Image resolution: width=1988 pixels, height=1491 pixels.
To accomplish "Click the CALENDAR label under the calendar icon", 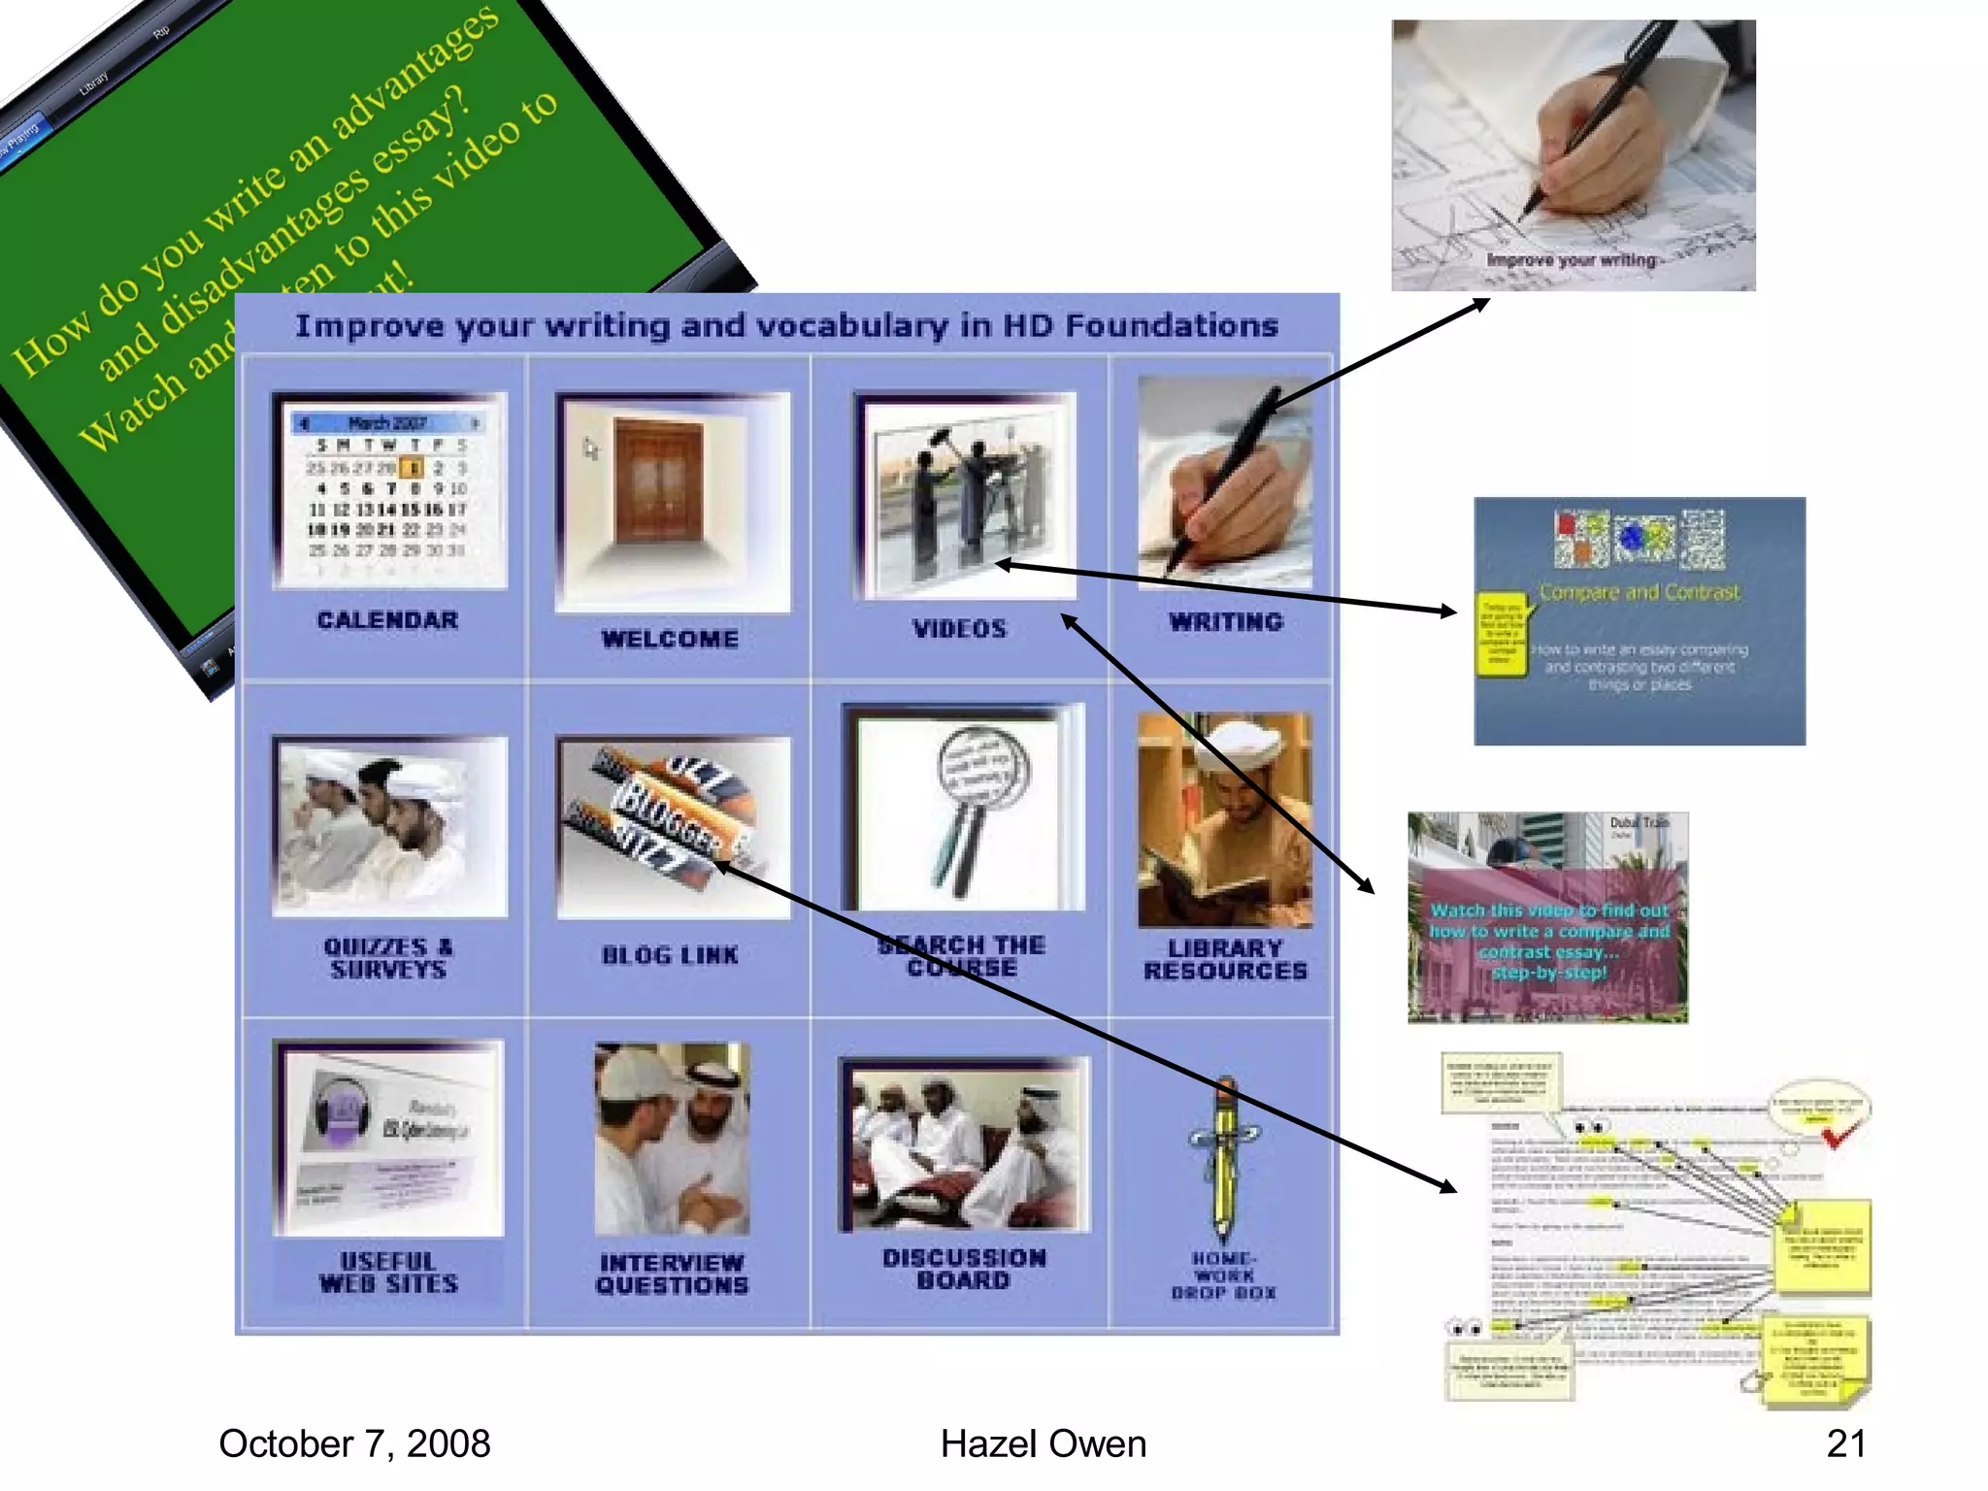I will [387, 620].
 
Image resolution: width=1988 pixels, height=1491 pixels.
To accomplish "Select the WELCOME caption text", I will [670, 639].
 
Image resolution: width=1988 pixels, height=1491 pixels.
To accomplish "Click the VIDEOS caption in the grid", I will [959, 629].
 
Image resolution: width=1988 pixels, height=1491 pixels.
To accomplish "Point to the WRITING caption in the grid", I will [1225, 622].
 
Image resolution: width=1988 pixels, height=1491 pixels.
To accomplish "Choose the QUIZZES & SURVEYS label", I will [387, 958].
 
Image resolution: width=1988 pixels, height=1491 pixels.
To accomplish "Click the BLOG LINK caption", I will [670, 955].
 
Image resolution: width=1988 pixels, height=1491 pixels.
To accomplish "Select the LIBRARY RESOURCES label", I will [1225, 959].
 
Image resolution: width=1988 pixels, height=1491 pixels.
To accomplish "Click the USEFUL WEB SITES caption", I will [388, 1273].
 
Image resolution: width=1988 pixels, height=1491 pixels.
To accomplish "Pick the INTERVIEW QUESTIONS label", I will [672, 1275].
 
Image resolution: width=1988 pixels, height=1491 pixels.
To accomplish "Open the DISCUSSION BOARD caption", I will [964, 1269].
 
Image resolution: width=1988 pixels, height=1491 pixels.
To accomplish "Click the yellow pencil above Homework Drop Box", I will [1225, 1160].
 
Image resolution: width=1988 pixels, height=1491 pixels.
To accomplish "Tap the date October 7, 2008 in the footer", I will [354, 1443].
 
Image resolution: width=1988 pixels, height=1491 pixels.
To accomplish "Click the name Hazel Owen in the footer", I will [1044, 1443].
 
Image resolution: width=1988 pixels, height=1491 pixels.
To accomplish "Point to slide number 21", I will [1845, 1443].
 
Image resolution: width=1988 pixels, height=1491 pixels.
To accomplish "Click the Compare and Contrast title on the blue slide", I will [1640, 592].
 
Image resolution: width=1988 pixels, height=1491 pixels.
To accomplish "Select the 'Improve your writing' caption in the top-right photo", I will [1572, 260].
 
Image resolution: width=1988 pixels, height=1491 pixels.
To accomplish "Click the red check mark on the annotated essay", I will [1838, 1134].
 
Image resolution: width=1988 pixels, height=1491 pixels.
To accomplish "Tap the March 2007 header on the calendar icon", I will [387, 423].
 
